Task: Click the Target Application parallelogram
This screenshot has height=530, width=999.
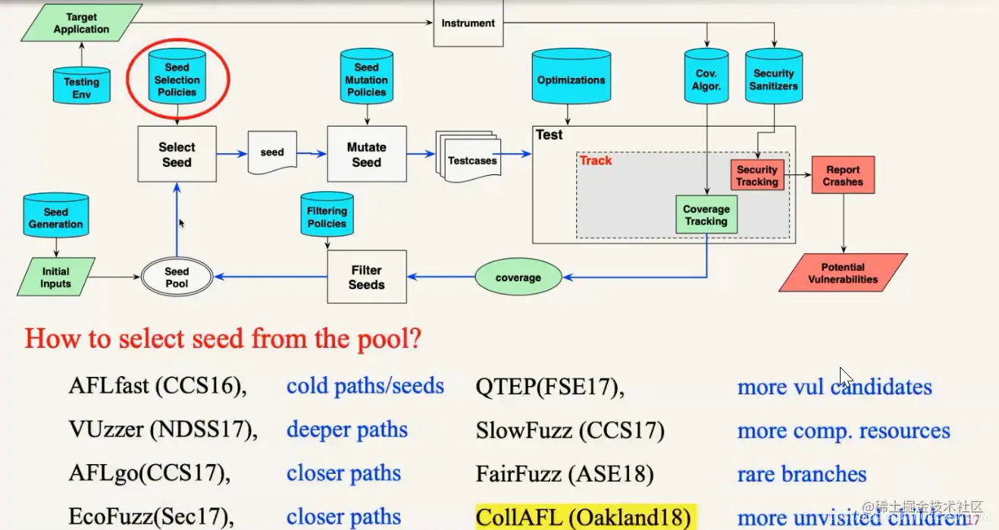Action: (x=81, y=23)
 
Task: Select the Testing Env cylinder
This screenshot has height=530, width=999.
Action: (x=81, y=86)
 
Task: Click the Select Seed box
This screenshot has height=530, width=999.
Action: (x=177, y=154)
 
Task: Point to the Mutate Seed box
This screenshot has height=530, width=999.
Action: (x=366, y=154)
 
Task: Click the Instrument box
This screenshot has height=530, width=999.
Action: (x=468, y=23)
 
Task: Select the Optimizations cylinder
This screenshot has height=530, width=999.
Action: (x=571, y=78)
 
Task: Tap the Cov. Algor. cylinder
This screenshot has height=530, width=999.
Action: (x=706, y=78)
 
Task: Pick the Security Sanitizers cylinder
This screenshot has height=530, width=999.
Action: (x=773, y=78)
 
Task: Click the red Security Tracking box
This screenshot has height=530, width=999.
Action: (x=756, y=175)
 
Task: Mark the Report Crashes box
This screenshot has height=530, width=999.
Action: (x=843, y=176)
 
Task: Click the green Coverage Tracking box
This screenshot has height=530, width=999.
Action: (x=706, y=215)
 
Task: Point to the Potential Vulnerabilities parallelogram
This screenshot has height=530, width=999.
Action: (x=843, y=273)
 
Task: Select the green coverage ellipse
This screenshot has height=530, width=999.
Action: (x=518, y=278)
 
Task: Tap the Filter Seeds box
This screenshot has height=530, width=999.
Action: (x=366, y=277)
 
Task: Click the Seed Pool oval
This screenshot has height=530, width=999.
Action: (x=177, y=277)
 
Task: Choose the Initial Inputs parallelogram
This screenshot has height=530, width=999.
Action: (x=56, y=277)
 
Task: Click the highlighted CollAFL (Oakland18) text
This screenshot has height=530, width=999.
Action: (x=584, y=518)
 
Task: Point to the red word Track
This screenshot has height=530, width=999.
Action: (x=596, y=161)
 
